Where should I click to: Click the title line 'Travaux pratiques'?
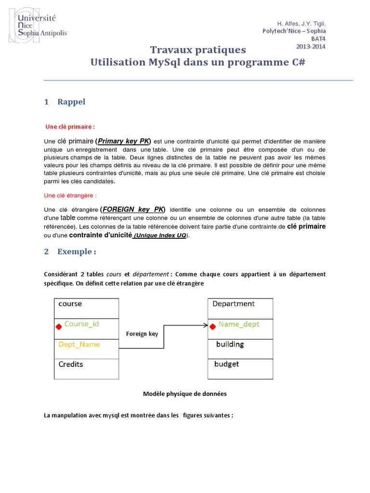point(198,50)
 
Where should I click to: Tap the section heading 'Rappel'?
point(71,102)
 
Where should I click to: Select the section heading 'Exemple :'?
point(77,251)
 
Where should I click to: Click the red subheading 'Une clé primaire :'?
point(70,127)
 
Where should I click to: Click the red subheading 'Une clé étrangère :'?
point(70,195)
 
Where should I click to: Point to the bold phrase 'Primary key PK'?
point(124,141)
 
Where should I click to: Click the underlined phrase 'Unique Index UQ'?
point(160,235)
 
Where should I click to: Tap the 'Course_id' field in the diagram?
point(81,324)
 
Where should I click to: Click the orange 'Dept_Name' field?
point(79,344)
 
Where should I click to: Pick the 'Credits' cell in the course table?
point(71,364)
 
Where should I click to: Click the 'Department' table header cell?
point(234,304)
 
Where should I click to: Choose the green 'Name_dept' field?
point(238,324)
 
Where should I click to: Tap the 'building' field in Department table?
point(230,344)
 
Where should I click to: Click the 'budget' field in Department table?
point(226,364)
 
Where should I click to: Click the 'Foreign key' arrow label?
point(142,334)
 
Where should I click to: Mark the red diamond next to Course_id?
point(59,327)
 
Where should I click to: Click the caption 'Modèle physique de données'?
point(185,393)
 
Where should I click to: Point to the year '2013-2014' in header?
point(310,47)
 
